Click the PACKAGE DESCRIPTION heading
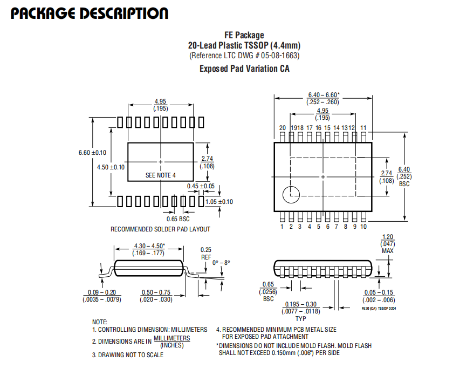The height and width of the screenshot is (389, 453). pos(90,13)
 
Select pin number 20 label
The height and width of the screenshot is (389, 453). pos(282,128)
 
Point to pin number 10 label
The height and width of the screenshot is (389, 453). pos(363,227)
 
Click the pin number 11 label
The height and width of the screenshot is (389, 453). pos(363,128)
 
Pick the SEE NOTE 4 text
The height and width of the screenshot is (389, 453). pos(161,175)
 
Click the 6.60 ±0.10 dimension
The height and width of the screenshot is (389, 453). pos(92,153)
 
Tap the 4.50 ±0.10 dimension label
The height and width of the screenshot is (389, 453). pos(111,167)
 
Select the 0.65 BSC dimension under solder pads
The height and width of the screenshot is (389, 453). pos(178,219)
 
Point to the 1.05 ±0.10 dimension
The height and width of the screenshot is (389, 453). pos(219,202)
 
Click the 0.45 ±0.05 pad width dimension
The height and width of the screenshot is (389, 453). pos(201,186)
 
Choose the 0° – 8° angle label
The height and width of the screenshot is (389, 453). pos(221,263)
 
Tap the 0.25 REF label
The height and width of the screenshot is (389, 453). pos(206,254)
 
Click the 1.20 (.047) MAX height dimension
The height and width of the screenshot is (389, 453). pos(388,244)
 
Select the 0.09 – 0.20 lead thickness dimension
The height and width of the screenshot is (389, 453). pos(102,296)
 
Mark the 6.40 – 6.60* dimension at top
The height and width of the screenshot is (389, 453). pos(323,98)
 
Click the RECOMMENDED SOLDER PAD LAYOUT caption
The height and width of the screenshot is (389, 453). pos(160,229)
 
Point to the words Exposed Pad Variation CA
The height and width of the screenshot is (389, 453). pos(244,69)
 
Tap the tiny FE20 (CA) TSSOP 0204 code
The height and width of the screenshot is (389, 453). pos(379,309)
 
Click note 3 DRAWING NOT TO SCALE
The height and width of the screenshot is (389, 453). pos(128,355)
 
